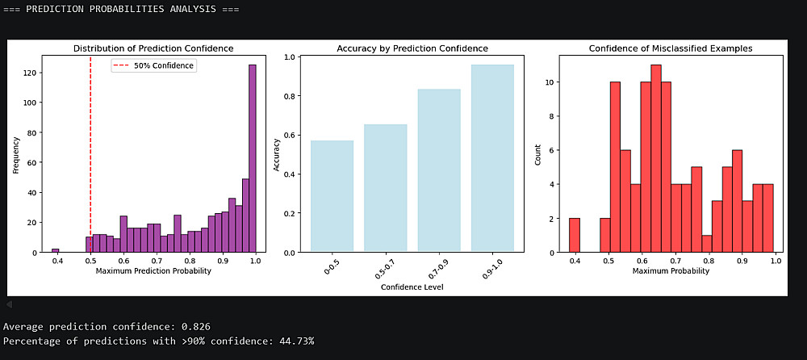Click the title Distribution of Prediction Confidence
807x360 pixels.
153,48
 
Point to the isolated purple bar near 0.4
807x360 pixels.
56,250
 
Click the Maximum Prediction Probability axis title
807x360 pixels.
153,271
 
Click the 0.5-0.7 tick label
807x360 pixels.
386,270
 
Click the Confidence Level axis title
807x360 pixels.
412,287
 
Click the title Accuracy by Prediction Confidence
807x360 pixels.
412,48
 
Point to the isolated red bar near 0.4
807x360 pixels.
574,235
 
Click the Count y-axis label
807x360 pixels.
538,154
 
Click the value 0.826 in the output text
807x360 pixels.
198,327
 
